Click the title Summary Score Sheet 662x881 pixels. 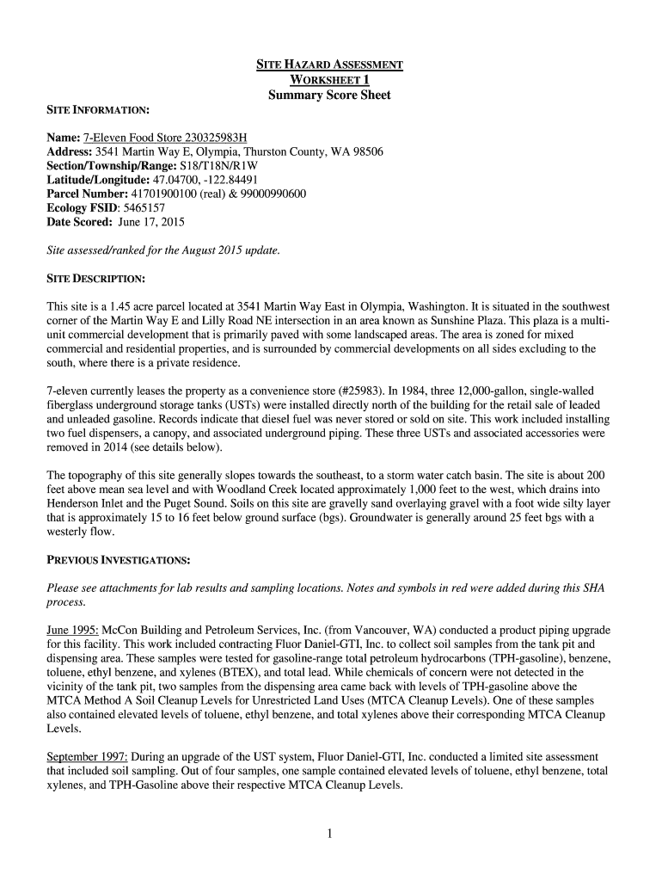[x=329, y=95]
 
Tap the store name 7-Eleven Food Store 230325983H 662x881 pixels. [x=165, y=138]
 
